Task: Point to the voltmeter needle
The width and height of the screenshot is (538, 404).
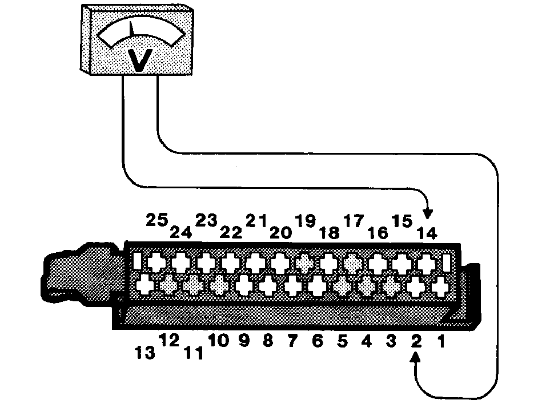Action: (131, 29)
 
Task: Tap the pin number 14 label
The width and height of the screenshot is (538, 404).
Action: (427, 233)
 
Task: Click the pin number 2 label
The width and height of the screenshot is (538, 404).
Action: (416, 341)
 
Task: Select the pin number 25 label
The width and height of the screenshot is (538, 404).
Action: (157, 220)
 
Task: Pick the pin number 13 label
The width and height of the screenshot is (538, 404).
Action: (145, 353)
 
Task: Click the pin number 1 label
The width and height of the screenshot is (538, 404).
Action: (441, 342)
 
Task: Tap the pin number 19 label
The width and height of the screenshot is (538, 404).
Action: (306, 221)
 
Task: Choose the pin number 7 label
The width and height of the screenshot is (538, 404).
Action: (292, 341)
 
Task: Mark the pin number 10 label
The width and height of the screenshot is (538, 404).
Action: (219, 341)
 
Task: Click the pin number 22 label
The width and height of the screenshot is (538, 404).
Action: (231, 232)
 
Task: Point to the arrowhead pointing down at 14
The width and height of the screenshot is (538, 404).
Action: (428, 213)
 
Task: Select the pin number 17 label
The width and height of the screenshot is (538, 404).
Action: (354, 221)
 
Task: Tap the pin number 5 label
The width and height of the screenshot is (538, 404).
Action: (342, 341)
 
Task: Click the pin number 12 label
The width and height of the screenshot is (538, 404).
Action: (170, 340)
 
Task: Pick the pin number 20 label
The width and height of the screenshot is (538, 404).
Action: (280, 233)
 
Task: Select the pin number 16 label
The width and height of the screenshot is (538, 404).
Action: (378, 233)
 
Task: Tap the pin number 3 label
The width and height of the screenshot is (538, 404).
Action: (391, 341)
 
